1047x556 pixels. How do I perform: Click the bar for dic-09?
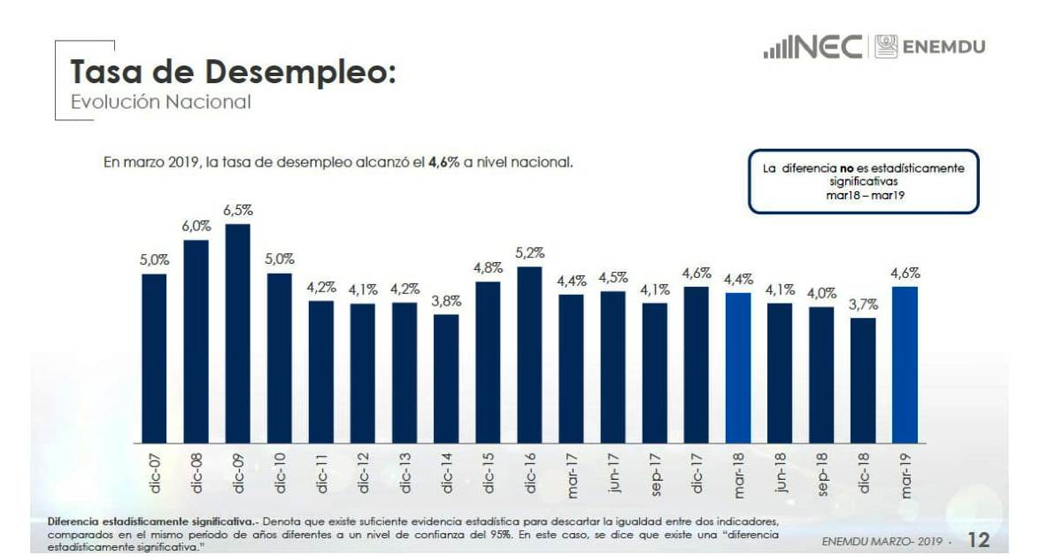[x=237, y=334]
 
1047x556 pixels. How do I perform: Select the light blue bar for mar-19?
[x=904, y=365]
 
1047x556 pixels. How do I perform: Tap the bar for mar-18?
[x=737, y=367]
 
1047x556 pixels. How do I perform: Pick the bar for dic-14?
[x=446, y=379]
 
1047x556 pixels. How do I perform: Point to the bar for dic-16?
[x=529, y=355]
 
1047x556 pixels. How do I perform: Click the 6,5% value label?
[x=237, y=211]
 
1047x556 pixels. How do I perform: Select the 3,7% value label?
[x=864, y=305]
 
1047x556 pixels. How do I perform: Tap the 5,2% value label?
[x=529, y=253]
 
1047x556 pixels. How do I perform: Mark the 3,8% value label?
[x=446, y=301]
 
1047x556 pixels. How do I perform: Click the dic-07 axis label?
[x=155, y=473]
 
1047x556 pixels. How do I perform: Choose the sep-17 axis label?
[x=655, y=473]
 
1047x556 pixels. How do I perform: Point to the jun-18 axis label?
[x=780, y=473]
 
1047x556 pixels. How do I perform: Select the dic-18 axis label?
[x=863, y=473]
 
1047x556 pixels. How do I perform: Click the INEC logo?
[x=813, y=47]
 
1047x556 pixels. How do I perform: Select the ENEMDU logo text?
[x=943, y=47]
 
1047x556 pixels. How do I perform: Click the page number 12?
[x=978, y=539]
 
